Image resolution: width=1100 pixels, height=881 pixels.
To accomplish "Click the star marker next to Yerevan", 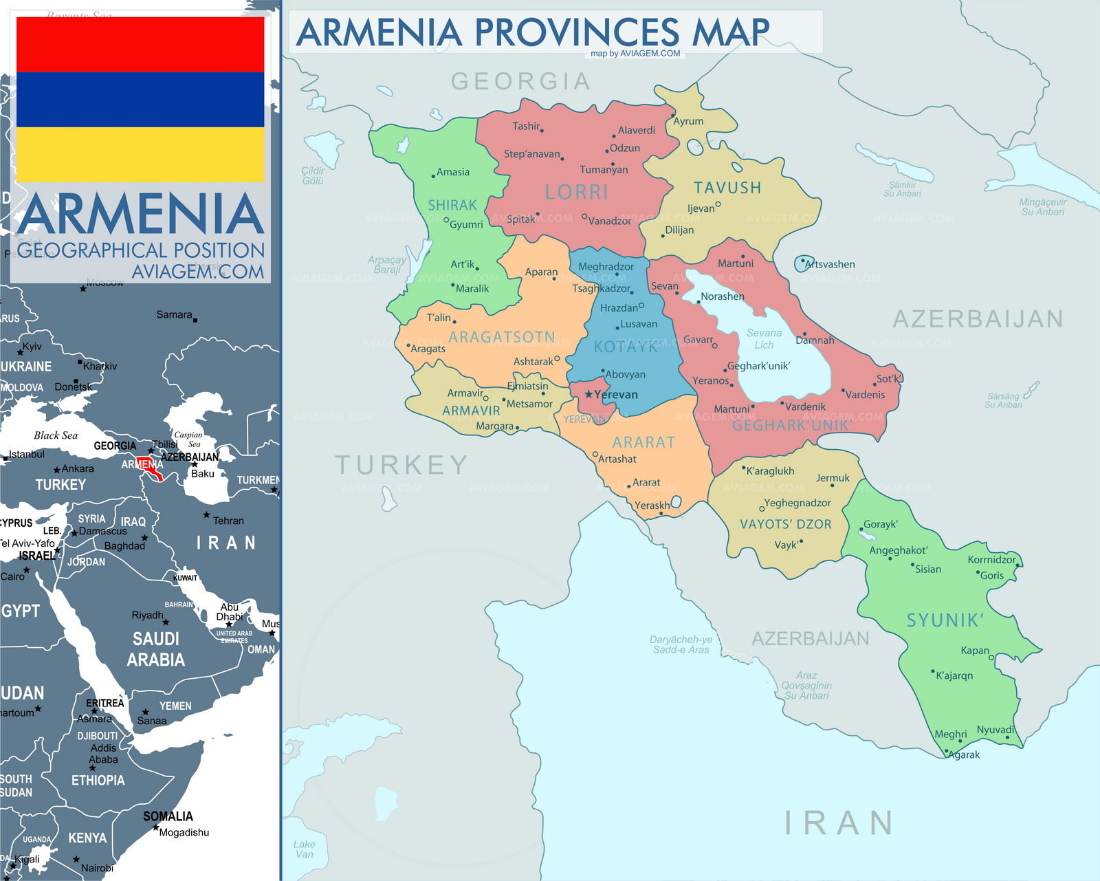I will (588, 395).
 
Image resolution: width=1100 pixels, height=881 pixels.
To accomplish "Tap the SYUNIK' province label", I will (945, 620).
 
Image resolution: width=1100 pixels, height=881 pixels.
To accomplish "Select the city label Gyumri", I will (466, 225).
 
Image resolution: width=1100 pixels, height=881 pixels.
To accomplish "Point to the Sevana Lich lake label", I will (764, 339).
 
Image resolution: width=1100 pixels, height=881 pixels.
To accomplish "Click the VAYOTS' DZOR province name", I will (785, 525).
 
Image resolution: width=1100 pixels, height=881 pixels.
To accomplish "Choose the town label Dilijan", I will (679, 230).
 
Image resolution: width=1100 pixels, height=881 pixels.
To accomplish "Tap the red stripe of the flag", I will (140, 45).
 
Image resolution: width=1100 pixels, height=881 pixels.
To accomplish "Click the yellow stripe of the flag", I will (140, 155).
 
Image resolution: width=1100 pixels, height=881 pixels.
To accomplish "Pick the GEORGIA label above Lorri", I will (520, 81).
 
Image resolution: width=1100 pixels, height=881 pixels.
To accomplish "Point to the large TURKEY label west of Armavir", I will (401, 466).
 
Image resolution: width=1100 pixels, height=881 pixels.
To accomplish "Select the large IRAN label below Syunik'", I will (839, 823).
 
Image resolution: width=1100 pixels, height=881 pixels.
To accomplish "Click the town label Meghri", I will (951, 735).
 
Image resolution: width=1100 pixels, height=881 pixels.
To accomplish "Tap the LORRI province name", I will (576, 192).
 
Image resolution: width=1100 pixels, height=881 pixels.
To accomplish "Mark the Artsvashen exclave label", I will (830, 264).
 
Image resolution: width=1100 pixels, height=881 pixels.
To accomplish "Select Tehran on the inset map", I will (228, 521).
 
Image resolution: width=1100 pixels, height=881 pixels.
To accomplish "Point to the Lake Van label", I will (304, 849).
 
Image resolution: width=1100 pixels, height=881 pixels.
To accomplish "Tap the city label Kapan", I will (975, 651).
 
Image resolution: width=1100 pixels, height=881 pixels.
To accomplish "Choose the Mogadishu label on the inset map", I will (184, 832).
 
